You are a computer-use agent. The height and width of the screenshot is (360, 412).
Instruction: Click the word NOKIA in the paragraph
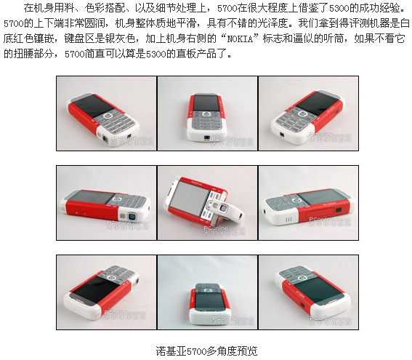(240, 39)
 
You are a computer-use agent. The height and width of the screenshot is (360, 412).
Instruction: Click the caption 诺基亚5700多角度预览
(206, 351)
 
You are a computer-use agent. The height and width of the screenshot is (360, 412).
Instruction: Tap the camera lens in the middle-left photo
(132, 217)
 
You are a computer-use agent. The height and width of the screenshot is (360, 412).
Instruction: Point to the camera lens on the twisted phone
(224, 208)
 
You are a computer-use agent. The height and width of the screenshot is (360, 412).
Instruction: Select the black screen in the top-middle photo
(206, 103)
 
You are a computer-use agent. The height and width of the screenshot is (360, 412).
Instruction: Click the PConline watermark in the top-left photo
(133, 140)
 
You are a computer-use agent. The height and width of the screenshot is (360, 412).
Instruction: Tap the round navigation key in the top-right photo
(302, 114)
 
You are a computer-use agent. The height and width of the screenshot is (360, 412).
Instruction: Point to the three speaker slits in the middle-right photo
(288, 220)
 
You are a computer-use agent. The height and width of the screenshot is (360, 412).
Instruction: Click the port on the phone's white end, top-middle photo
(207, 137)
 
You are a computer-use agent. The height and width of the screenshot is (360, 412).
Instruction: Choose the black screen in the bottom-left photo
(94, 289)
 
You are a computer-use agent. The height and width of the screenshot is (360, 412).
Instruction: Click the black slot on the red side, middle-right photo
(339, 209)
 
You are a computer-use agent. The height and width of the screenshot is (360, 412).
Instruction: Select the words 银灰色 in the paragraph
(121, 39)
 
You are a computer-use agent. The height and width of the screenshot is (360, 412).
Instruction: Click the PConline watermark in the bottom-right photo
(330, 321)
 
